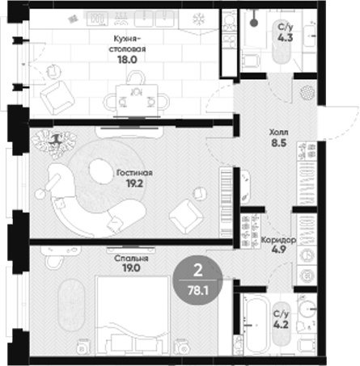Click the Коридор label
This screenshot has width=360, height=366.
(277, 241)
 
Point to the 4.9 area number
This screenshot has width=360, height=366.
(277, 251)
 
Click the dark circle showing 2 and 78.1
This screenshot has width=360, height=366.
(196, 280)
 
